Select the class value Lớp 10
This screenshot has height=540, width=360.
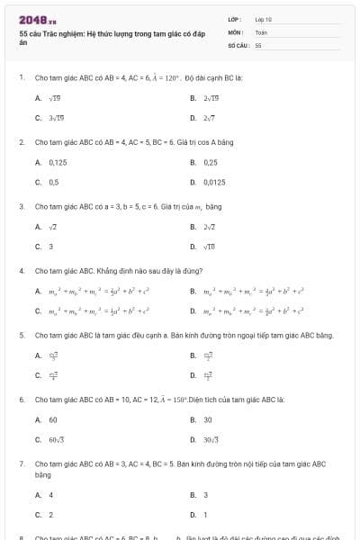263,19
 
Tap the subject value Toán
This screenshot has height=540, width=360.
261,31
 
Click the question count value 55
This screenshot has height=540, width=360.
258,44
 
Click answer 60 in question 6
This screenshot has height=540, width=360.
53,419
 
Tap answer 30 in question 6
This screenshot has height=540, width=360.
208,419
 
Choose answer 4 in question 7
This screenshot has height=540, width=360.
51,495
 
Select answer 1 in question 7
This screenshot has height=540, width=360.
206,515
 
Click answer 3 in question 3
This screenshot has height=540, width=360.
51,246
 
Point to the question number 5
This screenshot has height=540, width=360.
21,335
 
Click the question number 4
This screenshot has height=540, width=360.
21,270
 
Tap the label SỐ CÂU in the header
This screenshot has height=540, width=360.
238,44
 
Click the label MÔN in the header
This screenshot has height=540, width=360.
235,31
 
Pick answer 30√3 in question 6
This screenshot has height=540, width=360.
212,439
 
